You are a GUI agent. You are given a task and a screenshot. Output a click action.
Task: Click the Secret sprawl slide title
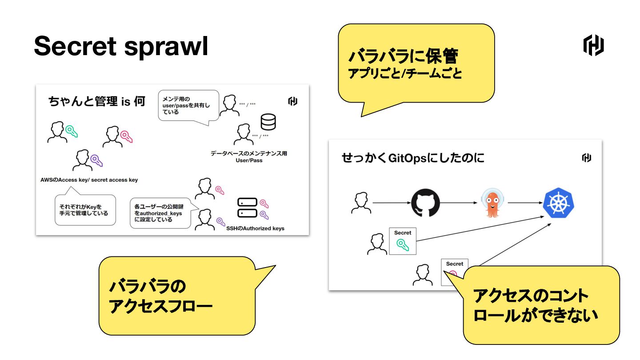click(121, 47)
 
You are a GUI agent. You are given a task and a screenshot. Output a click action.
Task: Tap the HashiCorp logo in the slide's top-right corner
click(593, 46)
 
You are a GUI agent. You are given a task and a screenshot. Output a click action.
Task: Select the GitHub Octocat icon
click(425, 203)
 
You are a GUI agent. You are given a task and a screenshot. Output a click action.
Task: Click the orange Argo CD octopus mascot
click(492, 203)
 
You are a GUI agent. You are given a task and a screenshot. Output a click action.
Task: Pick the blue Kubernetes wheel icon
click(559, 203)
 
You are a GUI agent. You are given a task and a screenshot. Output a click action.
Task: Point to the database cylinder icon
click(268, 122)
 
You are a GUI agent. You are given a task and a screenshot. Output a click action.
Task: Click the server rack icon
click(247, 208)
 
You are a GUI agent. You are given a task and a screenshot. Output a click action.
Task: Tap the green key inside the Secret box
click(403, 245)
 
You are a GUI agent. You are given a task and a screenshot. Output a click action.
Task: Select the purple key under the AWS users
click(96, 160)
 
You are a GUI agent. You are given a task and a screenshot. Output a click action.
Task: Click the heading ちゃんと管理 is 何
click(97, 102)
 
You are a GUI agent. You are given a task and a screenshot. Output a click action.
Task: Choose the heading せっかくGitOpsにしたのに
click(413, 158)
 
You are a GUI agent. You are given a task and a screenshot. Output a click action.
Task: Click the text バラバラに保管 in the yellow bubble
click(403, 57)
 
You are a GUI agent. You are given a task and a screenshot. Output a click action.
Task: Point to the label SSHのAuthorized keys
click(255, 228)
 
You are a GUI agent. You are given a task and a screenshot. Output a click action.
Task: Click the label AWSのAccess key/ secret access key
click(89, 180)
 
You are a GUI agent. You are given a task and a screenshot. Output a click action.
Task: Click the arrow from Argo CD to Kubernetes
click(524, 203)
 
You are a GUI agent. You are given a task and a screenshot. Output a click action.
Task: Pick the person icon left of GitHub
click(360, 203)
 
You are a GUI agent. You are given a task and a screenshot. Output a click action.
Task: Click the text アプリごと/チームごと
click(404, 74)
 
